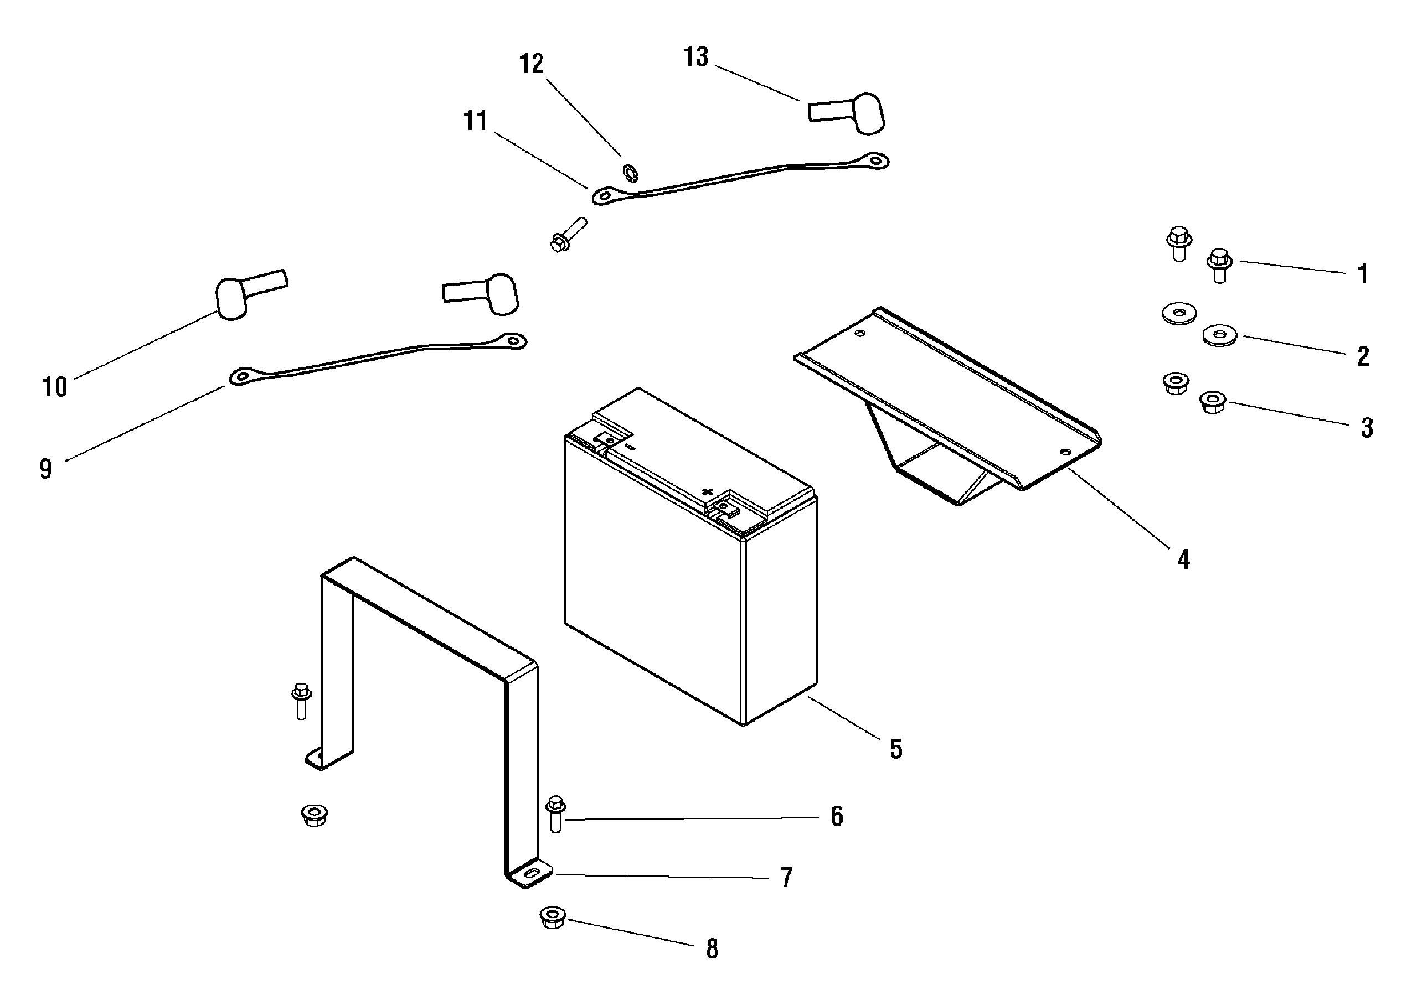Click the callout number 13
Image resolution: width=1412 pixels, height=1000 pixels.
(x=696, y=56)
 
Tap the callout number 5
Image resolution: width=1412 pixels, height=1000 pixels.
(x=896, y=749)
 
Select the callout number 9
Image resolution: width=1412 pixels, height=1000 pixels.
(x=45, y=469)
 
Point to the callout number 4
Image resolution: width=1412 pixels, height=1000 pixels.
(x=1183, y=559)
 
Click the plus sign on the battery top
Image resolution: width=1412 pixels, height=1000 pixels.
(x=707, y=491)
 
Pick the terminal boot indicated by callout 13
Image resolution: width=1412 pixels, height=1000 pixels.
(x=847, y=113)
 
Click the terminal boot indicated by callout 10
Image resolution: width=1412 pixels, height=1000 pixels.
(x=250, y=294)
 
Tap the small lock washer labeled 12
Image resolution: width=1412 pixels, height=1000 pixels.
(x=630, y=173)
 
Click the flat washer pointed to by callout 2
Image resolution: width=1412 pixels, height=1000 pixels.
(x=1219, y=335)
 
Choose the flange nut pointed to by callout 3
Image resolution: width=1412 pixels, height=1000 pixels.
(x=1213, y=402)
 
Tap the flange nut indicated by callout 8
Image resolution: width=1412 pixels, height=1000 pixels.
(x=553, y=917)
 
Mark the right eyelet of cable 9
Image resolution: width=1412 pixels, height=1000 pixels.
(x=513, y=340)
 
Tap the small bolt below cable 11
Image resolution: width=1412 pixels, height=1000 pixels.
(x=568, y=235)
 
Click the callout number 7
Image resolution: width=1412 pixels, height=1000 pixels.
(x=786, y=877)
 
